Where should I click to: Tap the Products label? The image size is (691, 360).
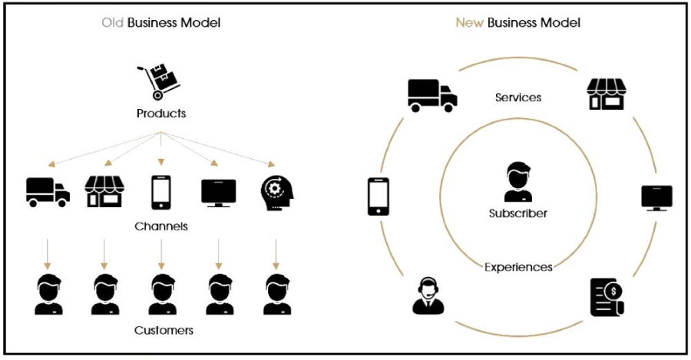tap(161, 114)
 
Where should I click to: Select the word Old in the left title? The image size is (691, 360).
tap(112, 23)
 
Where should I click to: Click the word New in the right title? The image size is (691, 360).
tap(469, 23)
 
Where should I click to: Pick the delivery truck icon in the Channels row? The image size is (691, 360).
tap(48, 192)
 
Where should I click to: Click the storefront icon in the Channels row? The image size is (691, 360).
tap(104, 192)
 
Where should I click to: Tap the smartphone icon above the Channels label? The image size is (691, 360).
tap(160, 192)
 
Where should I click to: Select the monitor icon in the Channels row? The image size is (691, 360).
tap(219, 192)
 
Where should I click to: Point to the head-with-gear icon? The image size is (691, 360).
tap(276, 192)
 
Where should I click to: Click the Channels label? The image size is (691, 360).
tap(161, 226)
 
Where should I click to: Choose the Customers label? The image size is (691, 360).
tap(164, 330)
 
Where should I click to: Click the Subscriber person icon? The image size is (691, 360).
tap(518, 182)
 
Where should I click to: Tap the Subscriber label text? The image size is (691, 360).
tap(518, 213)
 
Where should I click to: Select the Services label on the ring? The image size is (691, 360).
tap(518, 97)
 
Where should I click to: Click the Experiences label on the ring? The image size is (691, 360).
tap(518, 267)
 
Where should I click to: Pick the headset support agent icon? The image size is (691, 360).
tap(428, 296)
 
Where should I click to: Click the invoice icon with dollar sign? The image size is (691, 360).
tap(607, 297)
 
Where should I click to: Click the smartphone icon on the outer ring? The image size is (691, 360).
tap(379, 197)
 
